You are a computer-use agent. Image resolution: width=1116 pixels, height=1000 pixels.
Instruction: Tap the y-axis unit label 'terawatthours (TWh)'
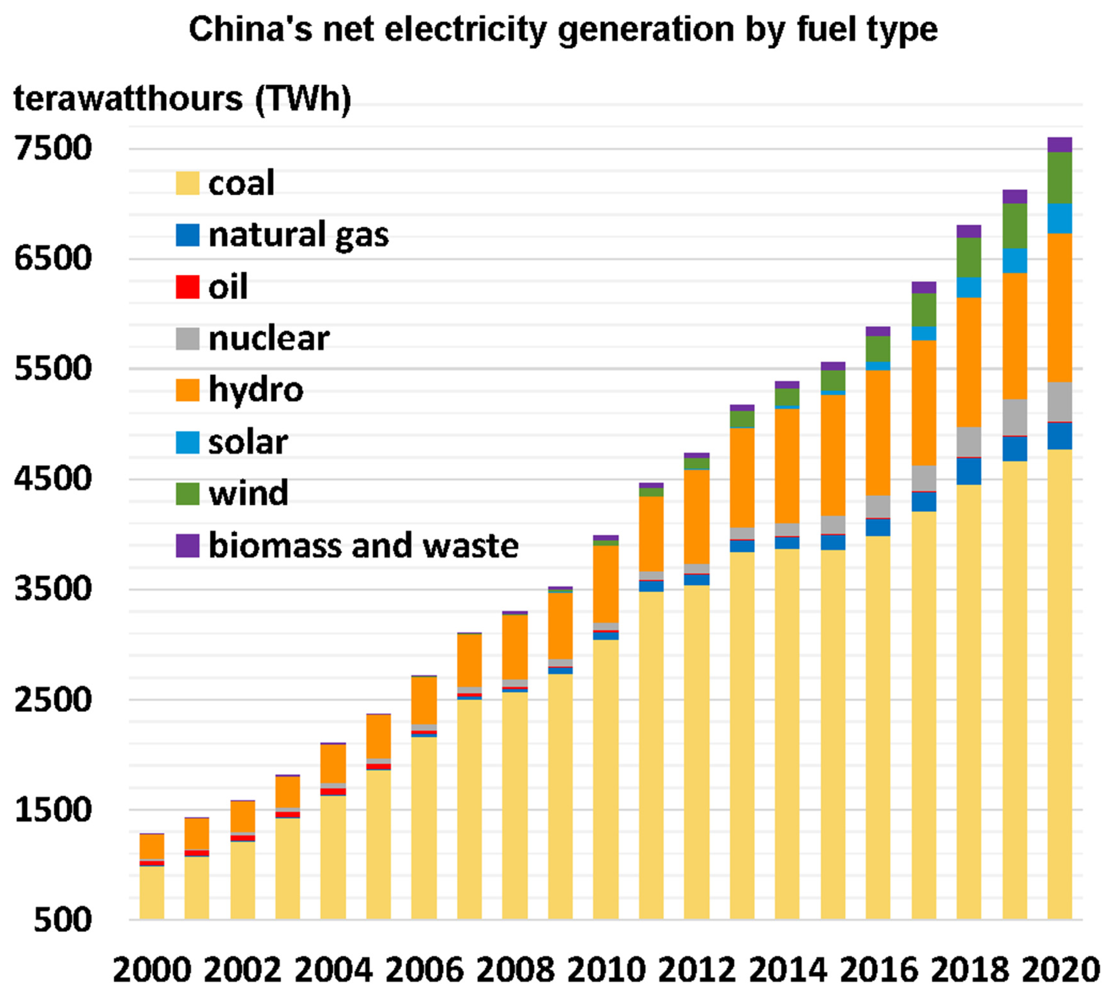(182, 99)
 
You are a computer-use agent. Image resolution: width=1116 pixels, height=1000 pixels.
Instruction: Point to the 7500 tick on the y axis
(53, 148)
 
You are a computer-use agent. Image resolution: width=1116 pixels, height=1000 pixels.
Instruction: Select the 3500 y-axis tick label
(53, 589)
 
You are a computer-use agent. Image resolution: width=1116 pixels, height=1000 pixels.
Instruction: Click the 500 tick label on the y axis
(62, 920)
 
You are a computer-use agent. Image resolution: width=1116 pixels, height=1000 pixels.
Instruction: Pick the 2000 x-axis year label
(152, 970)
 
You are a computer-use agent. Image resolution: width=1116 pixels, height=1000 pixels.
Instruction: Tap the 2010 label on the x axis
(606, 970)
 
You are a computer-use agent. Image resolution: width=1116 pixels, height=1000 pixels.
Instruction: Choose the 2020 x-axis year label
(1060, 970)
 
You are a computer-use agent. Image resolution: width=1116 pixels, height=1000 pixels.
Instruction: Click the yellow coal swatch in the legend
(187, 183)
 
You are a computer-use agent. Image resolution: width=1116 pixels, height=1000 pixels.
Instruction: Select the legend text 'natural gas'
(299, 235)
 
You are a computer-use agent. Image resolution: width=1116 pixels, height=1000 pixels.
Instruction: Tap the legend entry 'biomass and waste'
(363, 545)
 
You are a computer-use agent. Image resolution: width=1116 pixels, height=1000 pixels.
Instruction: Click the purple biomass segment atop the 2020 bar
(1060, 144)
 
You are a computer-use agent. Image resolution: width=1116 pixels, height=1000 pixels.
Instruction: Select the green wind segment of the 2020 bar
(1060, 178)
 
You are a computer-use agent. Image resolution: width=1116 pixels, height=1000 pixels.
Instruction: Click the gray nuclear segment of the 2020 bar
(1060, 402)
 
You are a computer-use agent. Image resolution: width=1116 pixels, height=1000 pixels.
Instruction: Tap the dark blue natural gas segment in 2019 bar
(1014, 449)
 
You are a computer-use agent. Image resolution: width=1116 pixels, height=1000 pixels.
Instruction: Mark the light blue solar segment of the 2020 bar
(1060, 218)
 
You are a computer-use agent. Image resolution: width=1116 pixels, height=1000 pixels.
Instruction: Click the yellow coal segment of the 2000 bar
(152, 892)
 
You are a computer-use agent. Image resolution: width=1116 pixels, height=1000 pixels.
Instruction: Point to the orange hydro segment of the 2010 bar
(606, 583)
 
